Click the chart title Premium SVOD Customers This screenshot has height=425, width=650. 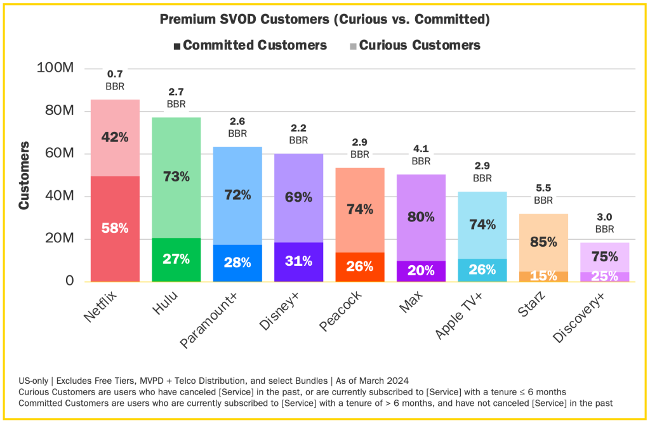[324, 20]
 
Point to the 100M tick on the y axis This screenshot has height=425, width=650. [56, 68]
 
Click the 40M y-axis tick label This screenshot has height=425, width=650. [60, 196]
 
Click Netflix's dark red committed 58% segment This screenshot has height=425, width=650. [115, 229]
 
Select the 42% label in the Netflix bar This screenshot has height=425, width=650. [115, 136]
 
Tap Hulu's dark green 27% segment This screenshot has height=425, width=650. [176, 259]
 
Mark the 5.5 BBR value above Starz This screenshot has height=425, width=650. [543, 188]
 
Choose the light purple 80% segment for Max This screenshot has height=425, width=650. [421, 217]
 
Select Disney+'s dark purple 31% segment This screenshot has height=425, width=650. [298, 261]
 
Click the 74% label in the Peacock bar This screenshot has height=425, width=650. [360, 210]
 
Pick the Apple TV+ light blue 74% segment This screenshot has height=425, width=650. [482, 225]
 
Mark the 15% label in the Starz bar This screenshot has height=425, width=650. [543, 277]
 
